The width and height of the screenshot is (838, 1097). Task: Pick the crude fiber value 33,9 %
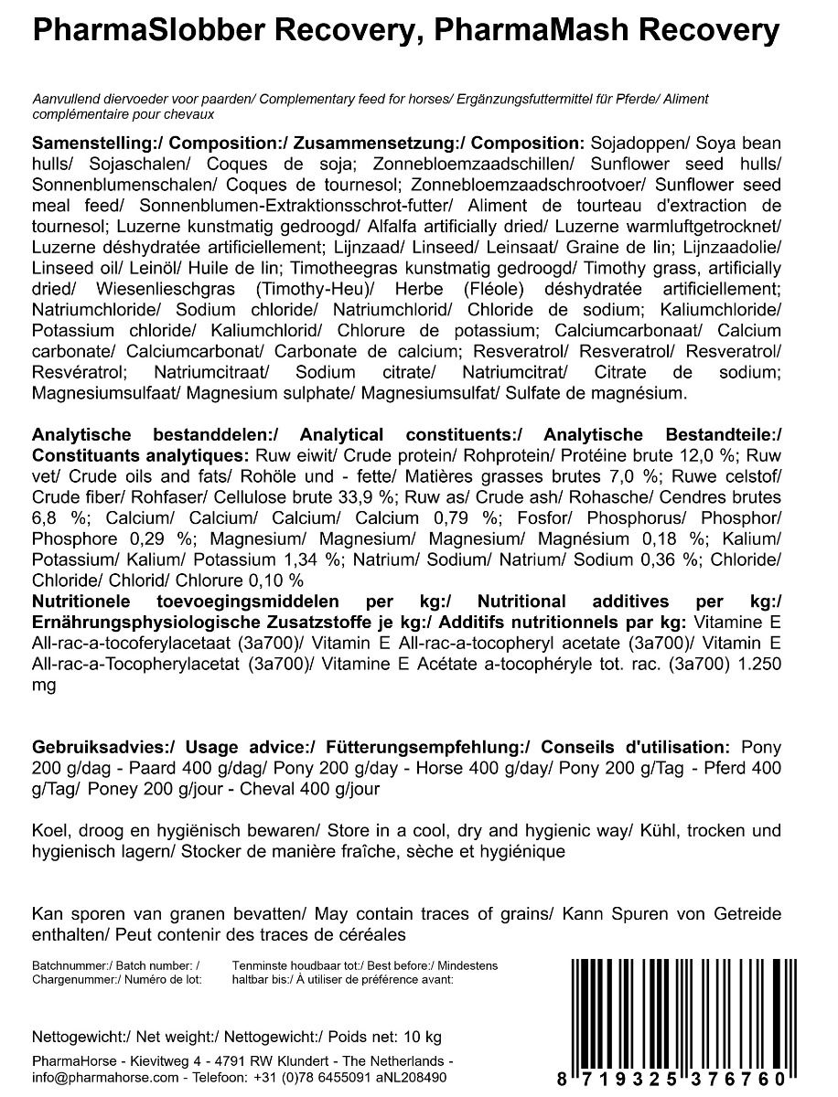pyautogui.click(x=363, y=496)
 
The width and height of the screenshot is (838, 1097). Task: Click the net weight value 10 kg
pyautogui.click(x=421, y=1037)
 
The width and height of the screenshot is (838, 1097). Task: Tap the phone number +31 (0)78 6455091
pyautogui.click(x=311, y=1078)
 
